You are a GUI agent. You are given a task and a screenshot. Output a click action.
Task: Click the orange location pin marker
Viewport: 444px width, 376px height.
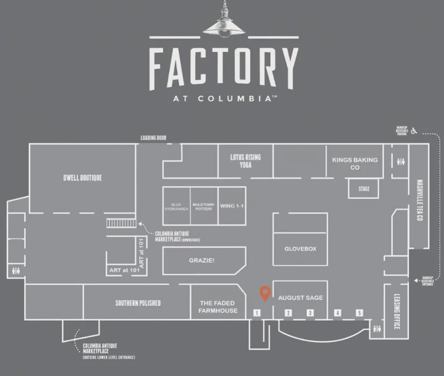pyautogui.click(x=265, y=293)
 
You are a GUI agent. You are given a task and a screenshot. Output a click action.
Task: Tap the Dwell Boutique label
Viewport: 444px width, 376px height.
pyautogui.click(x=82, y=178)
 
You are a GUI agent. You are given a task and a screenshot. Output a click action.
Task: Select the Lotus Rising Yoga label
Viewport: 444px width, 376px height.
pyautogui.click(x=246, y=161)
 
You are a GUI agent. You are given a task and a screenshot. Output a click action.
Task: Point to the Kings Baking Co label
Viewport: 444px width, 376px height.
pyautogui.click(x=355, y=163)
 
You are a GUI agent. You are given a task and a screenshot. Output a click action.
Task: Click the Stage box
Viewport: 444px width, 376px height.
pyautogui.click(x=364, y=189)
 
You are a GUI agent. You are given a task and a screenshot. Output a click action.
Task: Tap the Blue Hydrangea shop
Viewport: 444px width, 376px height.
pyautogui.click(x=176, y=206)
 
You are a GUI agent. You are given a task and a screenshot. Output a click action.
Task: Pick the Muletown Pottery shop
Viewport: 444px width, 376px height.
pyautogui.click(x=204, y=206)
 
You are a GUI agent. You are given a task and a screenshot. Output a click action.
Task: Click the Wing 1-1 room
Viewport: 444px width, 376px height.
pyautogui.click(x=232, y=206)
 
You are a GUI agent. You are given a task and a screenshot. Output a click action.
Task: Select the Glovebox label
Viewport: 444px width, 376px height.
pyautogui.click(x=301, y=249)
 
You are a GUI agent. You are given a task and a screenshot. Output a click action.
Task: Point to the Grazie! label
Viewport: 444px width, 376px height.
pyautogui.click(x=202, y=260)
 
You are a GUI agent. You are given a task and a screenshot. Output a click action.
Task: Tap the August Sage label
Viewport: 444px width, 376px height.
pyautogui.click(x=301, y=298)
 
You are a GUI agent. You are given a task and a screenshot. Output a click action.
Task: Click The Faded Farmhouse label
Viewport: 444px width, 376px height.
pyautogui.click(x=218, y=307)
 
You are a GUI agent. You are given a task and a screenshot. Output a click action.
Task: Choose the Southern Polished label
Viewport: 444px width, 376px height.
pyautogui.click(x=138, y=303)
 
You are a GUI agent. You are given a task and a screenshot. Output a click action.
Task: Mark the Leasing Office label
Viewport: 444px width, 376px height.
pyautogui.click(x=396, y=311)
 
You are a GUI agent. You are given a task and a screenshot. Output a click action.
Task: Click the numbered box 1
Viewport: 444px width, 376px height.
pyautogui.click(x=257, y=313)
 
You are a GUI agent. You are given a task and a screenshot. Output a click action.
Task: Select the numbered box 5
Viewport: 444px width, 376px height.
pyautogui.click(x=359, y=313)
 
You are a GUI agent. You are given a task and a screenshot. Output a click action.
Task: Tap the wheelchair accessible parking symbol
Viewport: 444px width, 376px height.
pyautogui.click(x=414, y=130)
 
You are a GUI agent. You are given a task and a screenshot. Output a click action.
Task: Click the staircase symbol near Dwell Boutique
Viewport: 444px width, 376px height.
pyautogui.click(x=121, y=223)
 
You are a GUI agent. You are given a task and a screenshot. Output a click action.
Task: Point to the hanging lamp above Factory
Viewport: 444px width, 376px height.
pyautogui.click(x=224, y=22)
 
